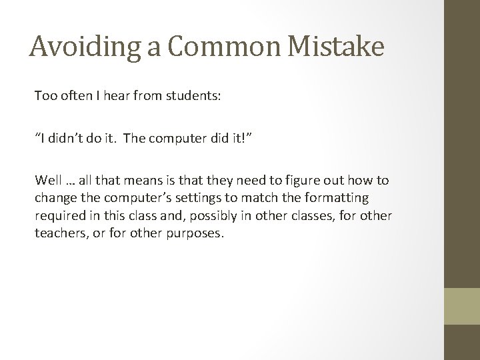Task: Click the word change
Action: [55, 199]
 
